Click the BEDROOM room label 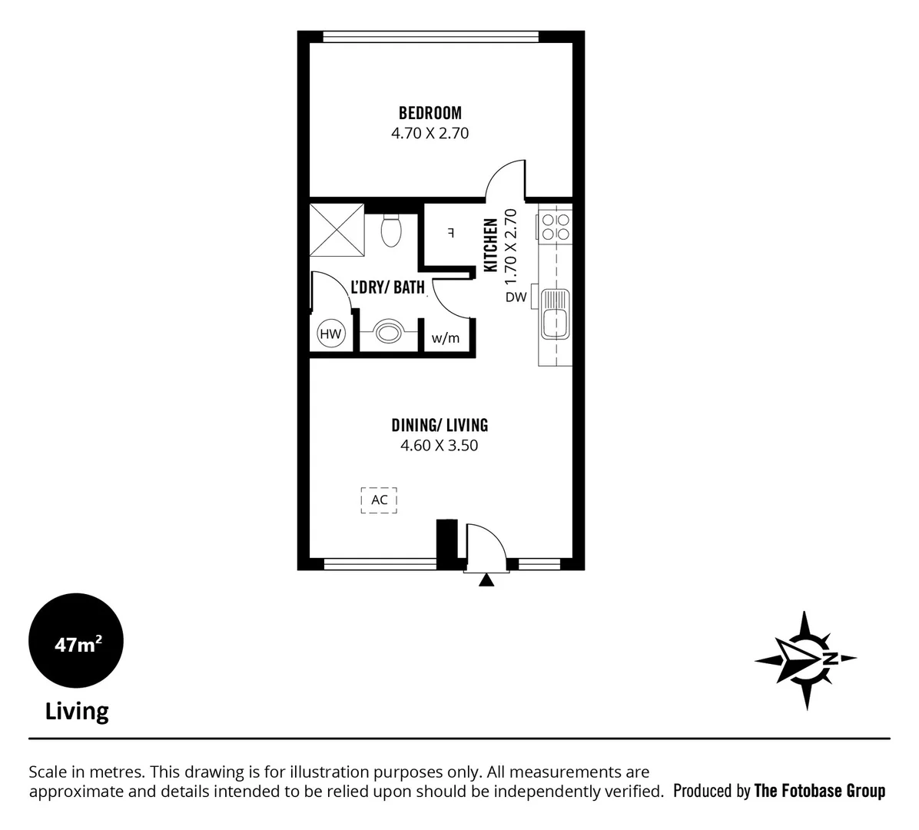[x=430, y=113]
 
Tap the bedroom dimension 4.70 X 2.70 [x=430, y=133]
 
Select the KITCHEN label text [x=490, y=244]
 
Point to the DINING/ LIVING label [x=440, y=425]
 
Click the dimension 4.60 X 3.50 [x=440, y=445]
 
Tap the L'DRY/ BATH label [x=387, y=287]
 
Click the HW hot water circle [x=331, y=334]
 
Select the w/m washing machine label [x=445, y=338]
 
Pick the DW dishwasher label [x=516, y=297]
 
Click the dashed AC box [x=380, y=500]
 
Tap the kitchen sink [x=554, y=314]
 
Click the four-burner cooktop [x=555, y=226]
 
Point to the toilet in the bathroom [x=391, y=230]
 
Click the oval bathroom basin [x=388, y=333]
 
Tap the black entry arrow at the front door [x=486, y=581]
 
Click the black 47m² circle [x=75, y=643]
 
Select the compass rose [x=805, y=660]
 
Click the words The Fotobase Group [x=819, y=791]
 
